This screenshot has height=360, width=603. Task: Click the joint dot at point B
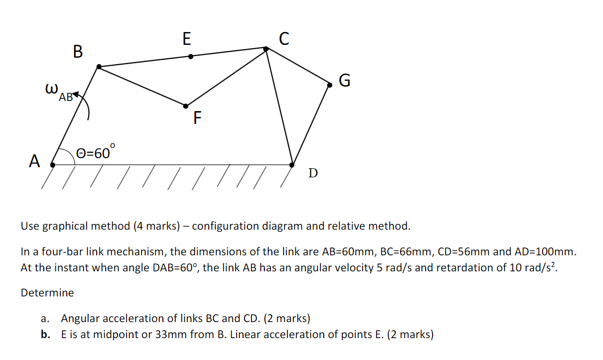(x=99, y=67)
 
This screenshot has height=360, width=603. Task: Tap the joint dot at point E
(x=191, y=56)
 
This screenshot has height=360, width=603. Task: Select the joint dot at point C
(x=267, y=49)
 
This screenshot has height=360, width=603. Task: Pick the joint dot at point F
(x=186, y=105)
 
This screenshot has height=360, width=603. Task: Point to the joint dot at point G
(x=330, y=84)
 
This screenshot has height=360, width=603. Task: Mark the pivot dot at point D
(x=292, y=165)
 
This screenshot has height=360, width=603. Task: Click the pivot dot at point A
(x=52, y=165)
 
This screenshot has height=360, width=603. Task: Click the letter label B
(x=78, y=52)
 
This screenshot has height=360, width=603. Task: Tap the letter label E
(x=186, y=38)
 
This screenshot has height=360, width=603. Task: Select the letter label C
(x=284, y=38)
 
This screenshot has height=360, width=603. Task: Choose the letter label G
(x=345, y=81)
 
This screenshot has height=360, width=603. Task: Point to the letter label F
(x=198, y=118)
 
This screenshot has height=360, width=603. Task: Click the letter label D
(x=313, y=173)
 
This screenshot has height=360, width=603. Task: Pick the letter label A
(x=35, y=161)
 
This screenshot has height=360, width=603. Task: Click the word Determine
(x=47, y=293)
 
